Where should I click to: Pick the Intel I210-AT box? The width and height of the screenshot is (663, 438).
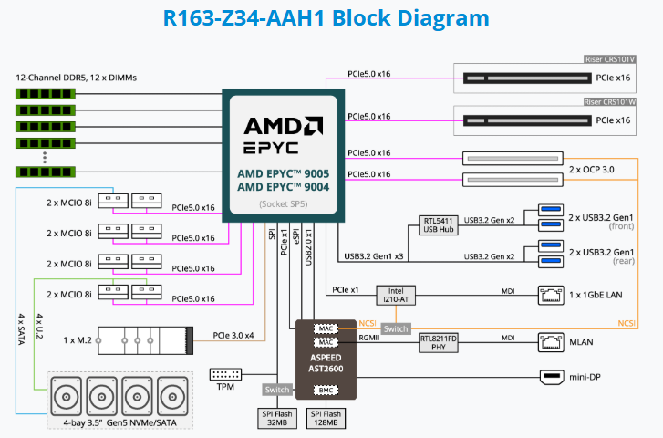click(395, 295)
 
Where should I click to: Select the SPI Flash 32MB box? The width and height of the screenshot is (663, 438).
click(278, 418)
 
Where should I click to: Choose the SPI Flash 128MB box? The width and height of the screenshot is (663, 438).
click(326, 418)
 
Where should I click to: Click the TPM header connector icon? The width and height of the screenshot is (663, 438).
click(225, 374)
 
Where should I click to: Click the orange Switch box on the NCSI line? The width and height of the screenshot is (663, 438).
click(395, 328)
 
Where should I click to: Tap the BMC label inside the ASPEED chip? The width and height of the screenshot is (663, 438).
click(326, 391)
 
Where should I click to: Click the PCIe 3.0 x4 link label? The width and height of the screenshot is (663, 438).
click(233, 334)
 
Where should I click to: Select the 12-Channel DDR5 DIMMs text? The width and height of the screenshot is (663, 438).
click(76, 78)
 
